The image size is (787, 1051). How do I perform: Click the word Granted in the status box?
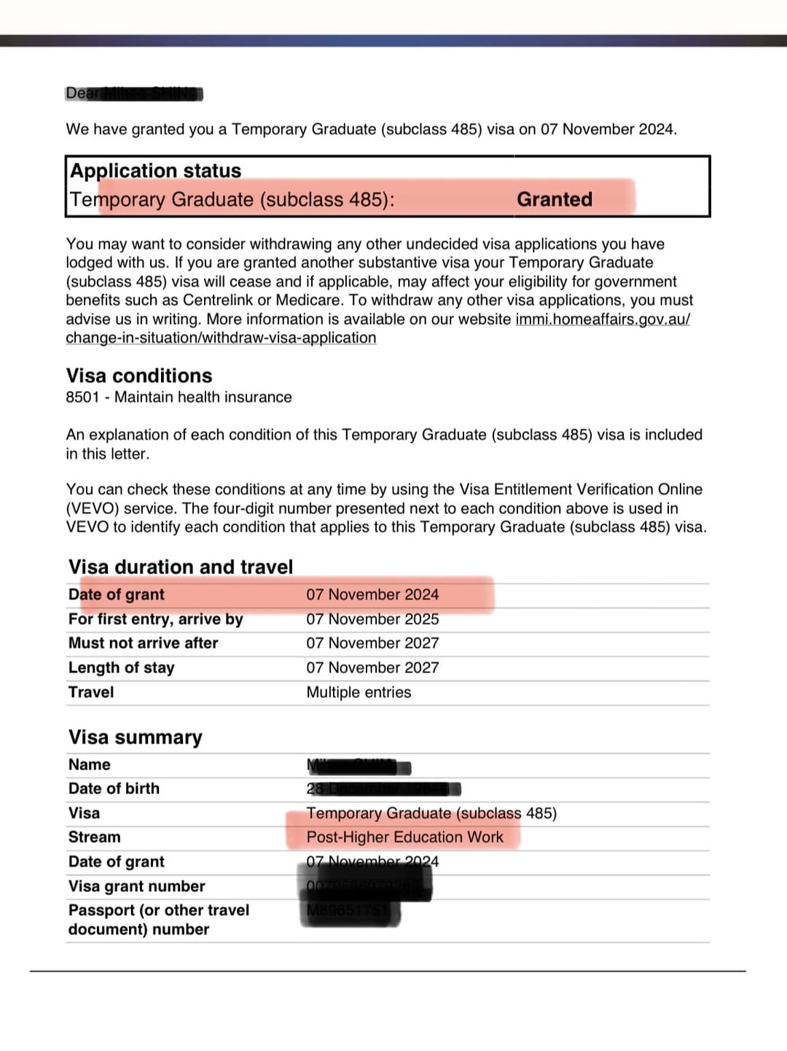[554, 199]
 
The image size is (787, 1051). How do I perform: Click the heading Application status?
[155, 171]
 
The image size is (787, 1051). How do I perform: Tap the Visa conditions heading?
[139, 376]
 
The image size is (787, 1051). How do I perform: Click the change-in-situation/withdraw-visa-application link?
[221, 338]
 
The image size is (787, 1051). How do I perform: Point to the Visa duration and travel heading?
[181, 567]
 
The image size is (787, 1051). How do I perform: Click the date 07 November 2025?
[372, 619]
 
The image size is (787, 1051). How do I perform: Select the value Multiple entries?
[359, 692]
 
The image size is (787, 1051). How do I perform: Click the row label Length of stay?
[121, 667]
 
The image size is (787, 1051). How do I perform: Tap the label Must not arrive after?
[143, 643]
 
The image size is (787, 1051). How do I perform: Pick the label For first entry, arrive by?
[155, 619]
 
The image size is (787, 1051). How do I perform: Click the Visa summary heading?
[135, 737]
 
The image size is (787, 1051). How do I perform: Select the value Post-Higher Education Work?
[404, 837]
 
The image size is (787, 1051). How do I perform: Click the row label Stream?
[94, 837]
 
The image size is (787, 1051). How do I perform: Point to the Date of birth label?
[114, 788]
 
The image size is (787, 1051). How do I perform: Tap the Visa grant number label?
[136, 886]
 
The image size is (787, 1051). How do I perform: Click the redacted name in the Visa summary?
[357, 766]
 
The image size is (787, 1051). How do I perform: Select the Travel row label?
[91, 692]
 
